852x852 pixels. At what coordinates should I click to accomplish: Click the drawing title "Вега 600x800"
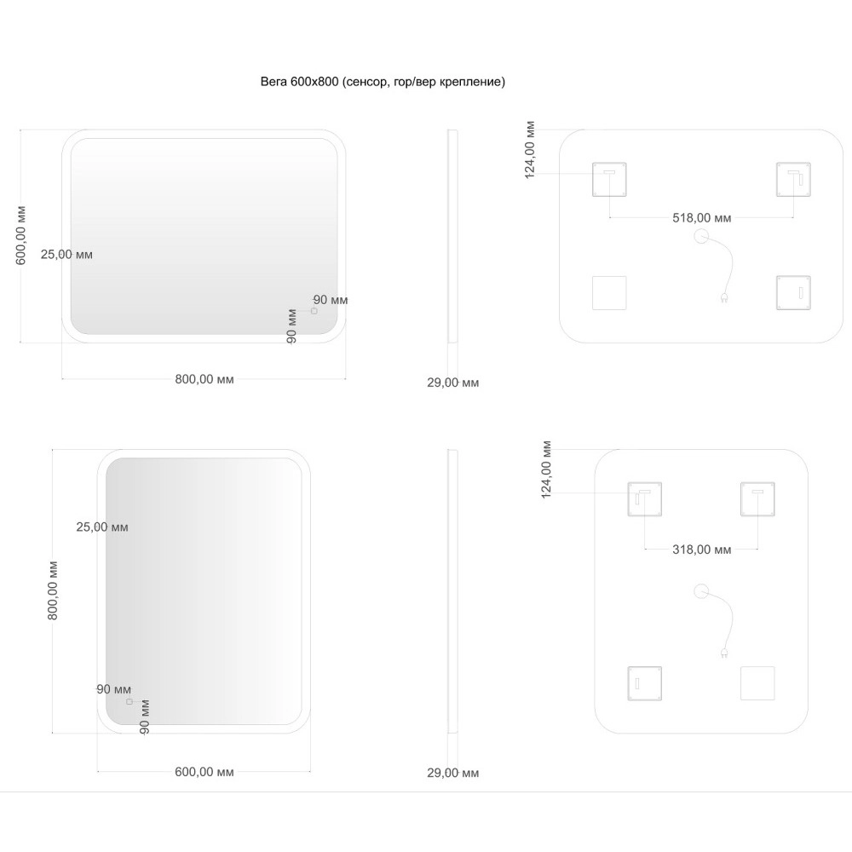click(299, 82)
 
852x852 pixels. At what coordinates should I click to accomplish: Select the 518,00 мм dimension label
click(701, 218)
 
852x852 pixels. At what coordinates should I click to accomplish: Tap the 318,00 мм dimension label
click(701, 550)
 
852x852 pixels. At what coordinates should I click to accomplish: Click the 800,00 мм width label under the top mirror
click(204, 379)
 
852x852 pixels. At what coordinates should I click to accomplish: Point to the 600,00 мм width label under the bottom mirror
click(204, 772)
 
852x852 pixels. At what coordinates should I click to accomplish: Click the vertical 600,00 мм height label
click(20, 235)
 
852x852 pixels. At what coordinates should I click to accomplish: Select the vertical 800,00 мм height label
click(52, 590)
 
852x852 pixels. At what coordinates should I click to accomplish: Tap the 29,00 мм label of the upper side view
click(452, 383)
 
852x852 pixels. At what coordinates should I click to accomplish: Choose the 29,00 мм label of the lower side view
click(452, 773)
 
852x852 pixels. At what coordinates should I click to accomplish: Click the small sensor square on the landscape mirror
click(314, 311)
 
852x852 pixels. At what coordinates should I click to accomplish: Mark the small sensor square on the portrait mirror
click(130, 702)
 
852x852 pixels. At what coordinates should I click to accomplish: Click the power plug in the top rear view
click(723, 297)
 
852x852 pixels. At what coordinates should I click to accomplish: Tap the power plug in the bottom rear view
click(723, 653)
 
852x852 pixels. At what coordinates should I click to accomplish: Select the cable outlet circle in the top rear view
click(701, 236)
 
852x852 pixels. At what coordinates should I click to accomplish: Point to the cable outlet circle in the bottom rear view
click(701, 591)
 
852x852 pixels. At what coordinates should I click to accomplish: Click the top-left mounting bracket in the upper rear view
click(609, 179)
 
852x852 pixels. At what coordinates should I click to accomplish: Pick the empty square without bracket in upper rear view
click(609, 293)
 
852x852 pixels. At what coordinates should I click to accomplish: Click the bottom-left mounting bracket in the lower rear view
click(644, 683)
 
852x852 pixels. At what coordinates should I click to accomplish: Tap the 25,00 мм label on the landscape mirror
click(66, 254)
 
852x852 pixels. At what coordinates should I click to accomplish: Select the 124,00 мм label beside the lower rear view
click(546, 469)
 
